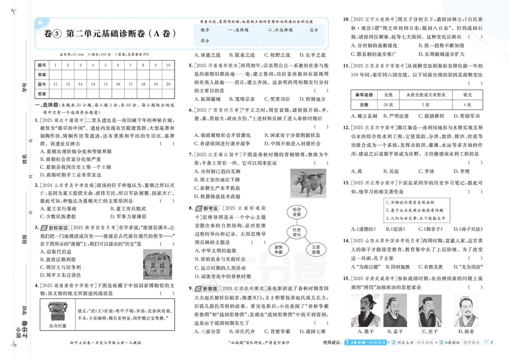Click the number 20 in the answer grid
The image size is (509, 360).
point(167,84)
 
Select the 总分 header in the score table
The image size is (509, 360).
point(314,30)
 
